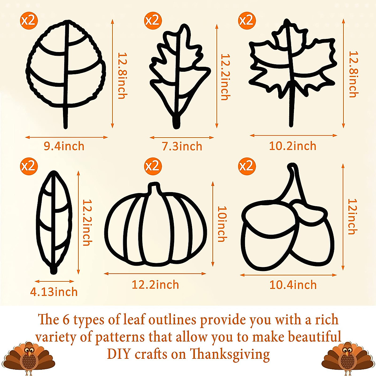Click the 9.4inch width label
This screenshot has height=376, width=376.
(64, 146)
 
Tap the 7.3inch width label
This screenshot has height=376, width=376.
(182, 146)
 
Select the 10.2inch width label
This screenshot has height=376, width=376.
(293, 146)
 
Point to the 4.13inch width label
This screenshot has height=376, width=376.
(54, 292)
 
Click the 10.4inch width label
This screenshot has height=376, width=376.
(293, 285)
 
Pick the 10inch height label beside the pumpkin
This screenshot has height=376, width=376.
(222, 224)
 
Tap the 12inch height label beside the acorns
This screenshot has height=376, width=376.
(352, 216)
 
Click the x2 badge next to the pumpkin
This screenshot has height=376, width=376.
(153, 166)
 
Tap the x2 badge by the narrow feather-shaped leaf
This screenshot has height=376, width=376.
(29, 166)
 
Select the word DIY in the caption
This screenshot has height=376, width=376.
(118, 354)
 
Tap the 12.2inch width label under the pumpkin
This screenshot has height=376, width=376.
(155, 285)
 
